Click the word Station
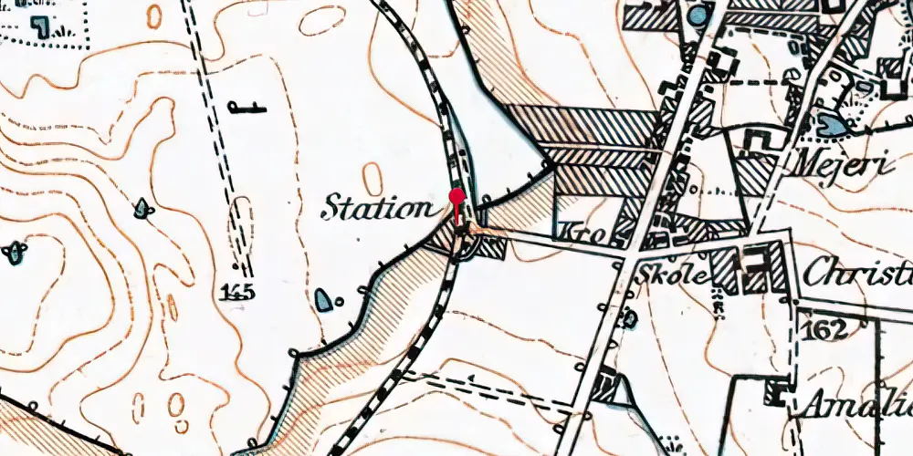pyautogui.click(x=376, y=209)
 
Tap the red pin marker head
pyautogui.click(x=457, y=196)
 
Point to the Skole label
pyautogui.click(x=675, y=275)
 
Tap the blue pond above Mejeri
pyautogui.click(x=832, y=125)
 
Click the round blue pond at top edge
pyautogui.click(x=698, y=14)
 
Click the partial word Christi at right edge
pyautogui.click(x=859, y=271)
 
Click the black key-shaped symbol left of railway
pyautogui.click(x=247, y=109)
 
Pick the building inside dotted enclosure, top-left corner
pyautogui.click(x=38, y=25)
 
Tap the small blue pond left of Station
pyautogui.click(x=143, y=209)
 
